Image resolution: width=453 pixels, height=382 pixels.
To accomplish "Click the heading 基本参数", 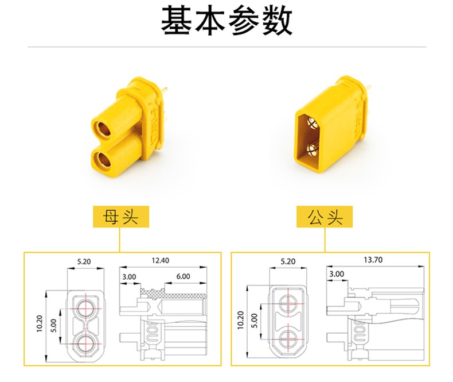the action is point(226,22).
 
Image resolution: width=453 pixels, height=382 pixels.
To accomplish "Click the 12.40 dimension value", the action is point(160,261).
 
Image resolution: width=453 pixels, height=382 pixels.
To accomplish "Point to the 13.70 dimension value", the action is point(373,260).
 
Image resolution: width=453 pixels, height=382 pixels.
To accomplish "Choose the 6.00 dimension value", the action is point(183,276).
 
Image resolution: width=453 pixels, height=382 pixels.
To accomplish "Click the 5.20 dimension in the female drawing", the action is point(84,262).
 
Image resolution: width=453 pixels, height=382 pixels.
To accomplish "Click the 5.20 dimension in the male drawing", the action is point(288,261).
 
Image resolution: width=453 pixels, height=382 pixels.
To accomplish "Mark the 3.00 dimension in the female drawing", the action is point(129,276).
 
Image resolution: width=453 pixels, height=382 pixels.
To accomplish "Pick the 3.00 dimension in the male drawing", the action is point(337,274).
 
